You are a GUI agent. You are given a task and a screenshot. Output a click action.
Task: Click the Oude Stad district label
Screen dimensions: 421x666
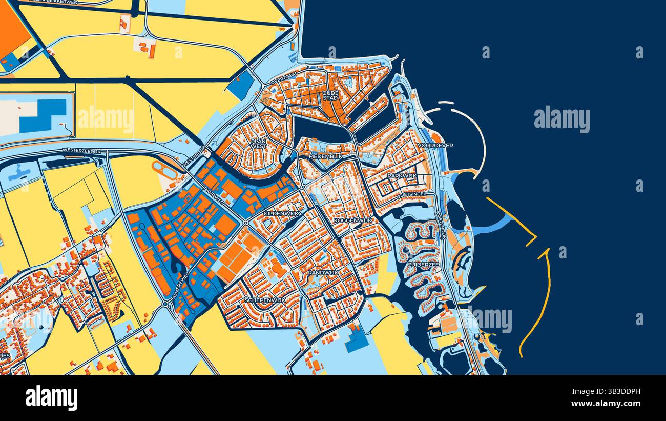pyautogui.click(x=330, y=95)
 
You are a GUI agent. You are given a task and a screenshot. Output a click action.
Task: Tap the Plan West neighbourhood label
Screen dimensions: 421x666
pyautogui.click(x=258, y=143)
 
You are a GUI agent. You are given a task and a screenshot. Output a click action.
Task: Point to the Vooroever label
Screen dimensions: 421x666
pyautogui.click(x=435, y=146)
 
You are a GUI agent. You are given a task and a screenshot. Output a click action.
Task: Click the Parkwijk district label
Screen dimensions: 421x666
pyautogui.click(x=402, y=176)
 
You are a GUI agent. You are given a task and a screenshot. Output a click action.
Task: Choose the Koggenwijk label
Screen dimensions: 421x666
pyautogui.click(x=352, y=220)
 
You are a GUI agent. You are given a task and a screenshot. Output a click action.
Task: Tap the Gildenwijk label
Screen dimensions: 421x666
pyautogui.click(x=280, y=213)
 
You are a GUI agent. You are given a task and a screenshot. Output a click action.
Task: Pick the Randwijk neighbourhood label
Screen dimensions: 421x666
pyautogui.click(x=323, y=273)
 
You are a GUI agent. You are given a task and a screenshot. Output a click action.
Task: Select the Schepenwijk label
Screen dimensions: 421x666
pyautogui.click(x=265, y=300)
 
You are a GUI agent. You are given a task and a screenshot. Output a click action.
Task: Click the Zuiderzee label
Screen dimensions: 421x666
pyautogui.click(x=423, y=265)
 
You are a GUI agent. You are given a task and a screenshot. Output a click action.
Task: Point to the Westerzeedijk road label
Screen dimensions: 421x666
pyautogui.click(x=82, y=150)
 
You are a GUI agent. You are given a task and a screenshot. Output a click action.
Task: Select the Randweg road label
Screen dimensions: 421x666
pyautogui.click(x=213, y=194)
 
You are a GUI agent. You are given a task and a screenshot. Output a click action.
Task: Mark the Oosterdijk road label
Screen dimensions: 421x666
pyautogui.click(x=441, y=225)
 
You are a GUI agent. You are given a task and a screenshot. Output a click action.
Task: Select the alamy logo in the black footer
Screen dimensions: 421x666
pyautogui.click(x=51, y=398)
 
